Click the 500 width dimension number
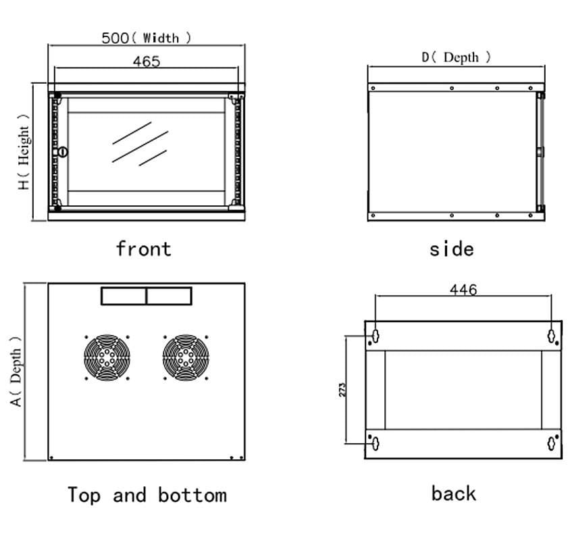point(115,38)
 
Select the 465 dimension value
point(147,61)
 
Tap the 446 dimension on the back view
point(463,290)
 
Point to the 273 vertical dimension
point(342,390)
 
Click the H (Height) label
point(24,156)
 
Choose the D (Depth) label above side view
point(457,57)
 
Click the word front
point(143,249)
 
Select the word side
point(451,249)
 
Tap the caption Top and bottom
point(147,495)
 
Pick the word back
point(453,493)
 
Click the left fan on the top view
point(107,357)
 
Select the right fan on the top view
point(185,357)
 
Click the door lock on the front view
point(63,152)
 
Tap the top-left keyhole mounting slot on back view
point(374,335)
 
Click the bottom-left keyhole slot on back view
point(374,443)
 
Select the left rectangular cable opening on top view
point(124,296)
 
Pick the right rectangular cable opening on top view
point(169,296)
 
